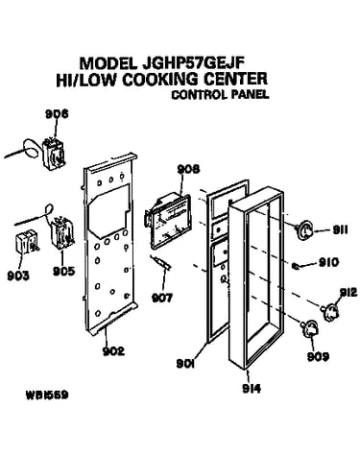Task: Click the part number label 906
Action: pos(57,114)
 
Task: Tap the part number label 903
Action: pos(18,276)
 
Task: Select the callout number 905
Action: pos(63,271)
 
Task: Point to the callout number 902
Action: pos(113,351)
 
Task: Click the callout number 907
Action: pos(161,298)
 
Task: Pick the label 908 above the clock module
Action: pos(188,169)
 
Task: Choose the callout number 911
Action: pos(340,229)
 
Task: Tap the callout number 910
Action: pos(328,262)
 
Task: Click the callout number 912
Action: pos(348,292)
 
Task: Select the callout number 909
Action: pos(318,356)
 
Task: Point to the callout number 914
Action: pos(252,389)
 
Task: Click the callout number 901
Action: pos(186,364)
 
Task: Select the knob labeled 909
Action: pos(309,329)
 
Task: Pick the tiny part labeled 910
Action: pos(296,265)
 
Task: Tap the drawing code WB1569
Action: pos(47,396)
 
